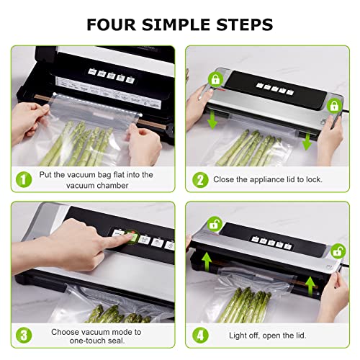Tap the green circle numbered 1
pyautogui.click(x=22, y=179)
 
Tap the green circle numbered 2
pyautogui.click(x=199, y=179)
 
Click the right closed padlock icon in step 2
pyautogui.click(x=333, y=106)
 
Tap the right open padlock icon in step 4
pyautogui.click(x=337, y=252)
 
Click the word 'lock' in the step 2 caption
pyautogui.click(x=310, y=179)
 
